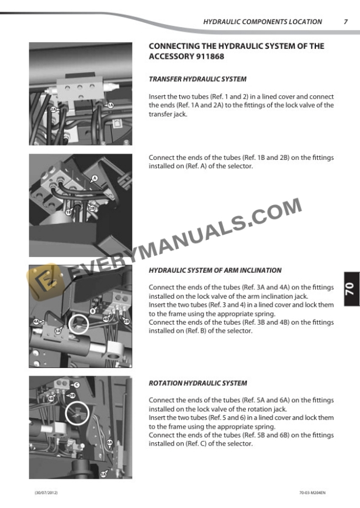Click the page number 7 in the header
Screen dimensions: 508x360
tap(345, 22)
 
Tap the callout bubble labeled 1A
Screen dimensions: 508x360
tap(109, 105)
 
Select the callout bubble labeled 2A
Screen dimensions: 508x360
tap(52, 110)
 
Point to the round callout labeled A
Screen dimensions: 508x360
tap(95, 178)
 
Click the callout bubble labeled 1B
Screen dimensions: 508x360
tap(69, 212)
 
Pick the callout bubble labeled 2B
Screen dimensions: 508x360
tap(92, 209)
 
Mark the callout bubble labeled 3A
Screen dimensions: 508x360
tap(58, 332)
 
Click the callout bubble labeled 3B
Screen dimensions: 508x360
tap(126, 321)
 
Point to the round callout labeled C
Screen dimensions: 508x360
tap(77, 385)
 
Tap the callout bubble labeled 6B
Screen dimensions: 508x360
tap(51, 399)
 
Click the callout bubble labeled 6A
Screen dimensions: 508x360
tap(109, 442)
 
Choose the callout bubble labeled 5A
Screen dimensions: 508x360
tap(104, 474)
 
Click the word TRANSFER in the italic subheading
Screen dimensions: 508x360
tap(165, 79)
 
